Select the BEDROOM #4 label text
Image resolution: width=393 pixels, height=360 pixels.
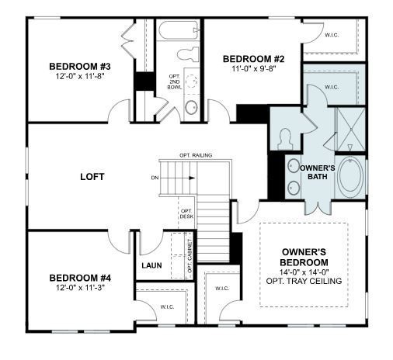80,278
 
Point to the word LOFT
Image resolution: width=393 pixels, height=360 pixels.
92,176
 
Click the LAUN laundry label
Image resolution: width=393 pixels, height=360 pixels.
151,265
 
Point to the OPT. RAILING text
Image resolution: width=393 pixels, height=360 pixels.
196,155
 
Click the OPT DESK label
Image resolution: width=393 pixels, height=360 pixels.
186,213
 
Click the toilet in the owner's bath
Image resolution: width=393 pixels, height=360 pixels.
285,137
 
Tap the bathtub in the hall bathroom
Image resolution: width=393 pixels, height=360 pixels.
178,32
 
